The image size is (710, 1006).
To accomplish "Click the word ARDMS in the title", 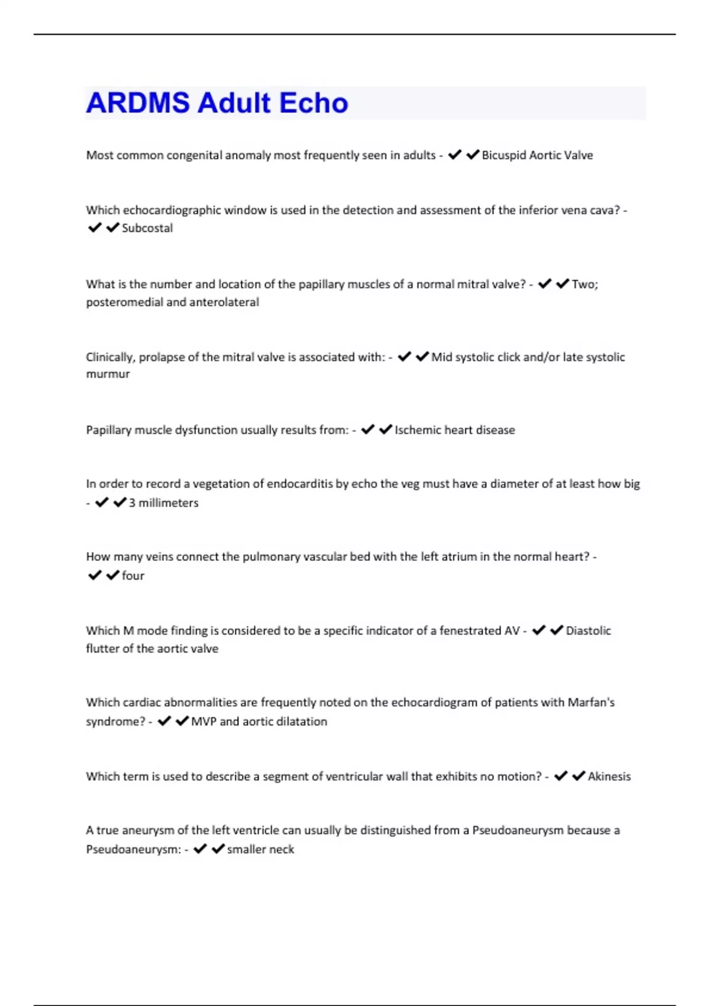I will (138, 103).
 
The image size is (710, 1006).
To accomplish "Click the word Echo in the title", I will (314, 103).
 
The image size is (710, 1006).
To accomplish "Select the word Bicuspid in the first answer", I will (504, 155).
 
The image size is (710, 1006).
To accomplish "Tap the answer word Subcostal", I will (147, 228).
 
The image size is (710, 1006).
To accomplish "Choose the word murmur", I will (108, 374).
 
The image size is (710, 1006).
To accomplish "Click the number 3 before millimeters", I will (132, 502).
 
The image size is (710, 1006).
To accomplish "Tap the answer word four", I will (133, 575).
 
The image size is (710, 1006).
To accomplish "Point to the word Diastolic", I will (588, 630).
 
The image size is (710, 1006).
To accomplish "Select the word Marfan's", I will (591, 702).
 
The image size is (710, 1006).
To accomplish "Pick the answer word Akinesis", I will (609, 776).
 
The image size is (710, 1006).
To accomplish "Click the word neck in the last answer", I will (282, 849).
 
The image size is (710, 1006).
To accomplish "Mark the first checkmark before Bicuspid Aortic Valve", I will (454, 155).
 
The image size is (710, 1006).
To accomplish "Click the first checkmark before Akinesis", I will (560, 776).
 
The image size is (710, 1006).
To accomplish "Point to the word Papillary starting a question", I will (108, 430).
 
